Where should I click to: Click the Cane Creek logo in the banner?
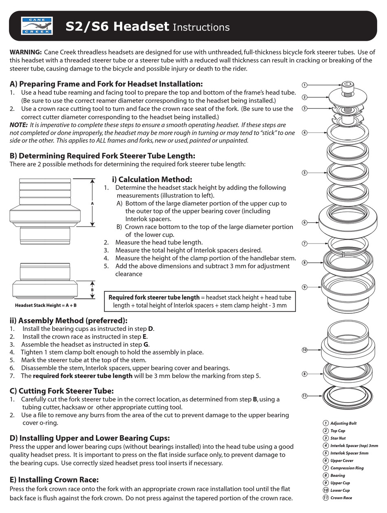(x=37, y=26)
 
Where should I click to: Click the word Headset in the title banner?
(x=141, y=26)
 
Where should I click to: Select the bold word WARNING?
(x=25, y=52)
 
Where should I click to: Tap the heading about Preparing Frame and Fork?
(x=106, y=84)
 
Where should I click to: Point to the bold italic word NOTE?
(x=18, y=125)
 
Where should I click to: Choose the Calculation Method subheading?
(x=152, y=179)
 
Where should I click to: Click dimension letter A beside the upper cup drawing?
(x=92, y=203)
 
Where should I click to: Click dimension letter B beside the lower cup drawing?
(x=92, y=290)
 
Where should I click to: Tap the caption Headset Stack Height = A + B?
(x=46, y=305)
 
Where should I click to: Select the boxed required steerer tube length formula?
(x=200, y=301)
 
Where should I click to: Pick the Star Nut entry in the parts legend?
(x=338, y=438)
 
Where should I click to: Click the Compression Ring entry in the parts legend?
(x=347, y=468)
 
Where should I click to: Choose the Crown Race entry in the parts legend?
(x=341, y=498)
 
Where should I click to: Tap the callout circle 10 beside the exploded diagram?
(x=304, y=350)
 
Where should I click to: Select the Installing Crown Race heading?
(x=54, y=480)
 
